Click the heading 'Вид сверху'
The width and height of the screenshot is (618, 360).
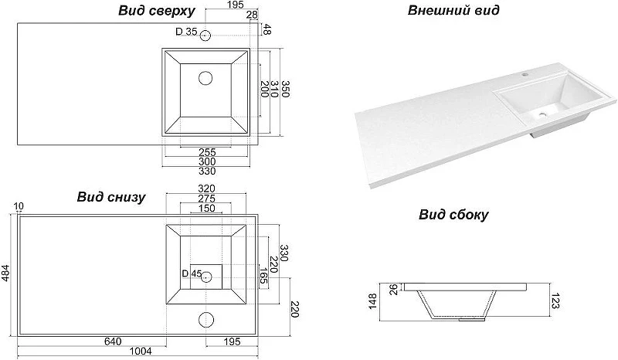click(x=157, y=11)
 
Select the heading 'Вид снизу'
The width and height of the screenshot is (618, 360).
click(x=111, y=197)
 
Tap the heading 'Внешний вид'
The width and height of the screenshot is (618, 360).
click(x=453, y=10)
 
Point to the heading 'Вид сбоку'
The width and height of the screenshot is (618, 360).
click(x=453, y=215)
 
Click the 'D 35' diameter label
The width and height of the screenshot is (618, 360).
click(x=186, y=32)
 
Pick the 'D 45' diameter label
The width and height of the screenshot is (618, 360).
click(x=192, y=273)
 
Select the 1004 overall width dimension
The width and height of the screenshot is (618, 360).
click(x=141, y=351)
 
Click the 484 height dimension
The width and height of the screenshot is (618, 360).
click(x=6, y=273)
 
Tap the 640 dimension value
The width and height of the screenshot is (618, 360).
click(x=113, y=341)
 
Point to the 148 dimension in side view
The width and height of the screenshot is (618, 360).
click(x=372, y=301)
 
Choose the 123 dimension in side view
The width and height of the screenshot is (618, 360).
click(x=555, y=301)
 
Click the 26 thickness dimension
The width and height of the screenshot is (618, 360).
click(x=394, y=290)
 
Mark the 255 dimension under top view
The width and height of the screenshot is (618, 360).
click(x=207, y=152)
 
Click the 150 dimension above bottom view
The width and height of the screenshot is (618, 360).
click(x=206, y=208)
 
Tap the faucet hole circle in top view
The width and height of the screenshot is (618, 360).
click(x=205, y=36)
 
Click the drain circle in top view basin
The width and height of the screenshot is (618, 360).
click(x=205, y=78)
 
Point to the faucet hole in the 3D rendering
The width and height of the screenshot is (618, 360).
click(x=525, y=73)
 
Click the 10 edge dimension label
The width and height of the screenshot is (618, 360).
click(x=19, y=206)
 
